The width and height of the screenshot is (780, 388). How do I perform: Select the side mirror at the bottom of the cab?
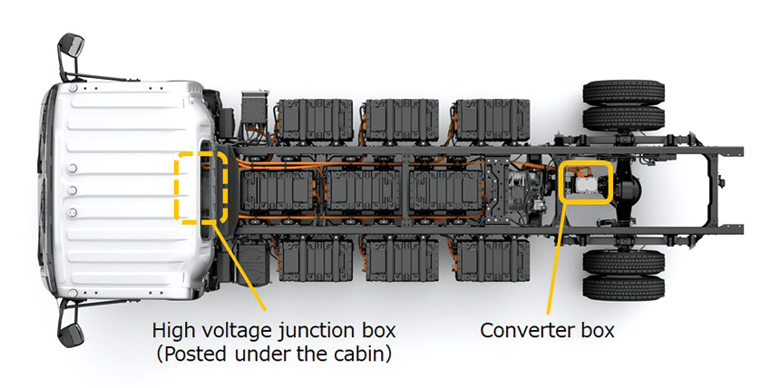point(71,330)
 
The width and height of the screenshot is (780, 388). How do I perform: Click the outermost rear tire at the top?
point(623,92)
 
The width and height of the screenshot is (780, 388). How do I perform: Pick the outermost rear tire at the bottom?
point(623,288)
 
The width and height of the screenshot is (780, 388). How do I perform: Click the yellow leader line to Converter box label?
point(556,258)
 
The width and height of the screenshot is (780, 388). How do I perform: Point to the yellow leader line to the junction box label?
point(239,267)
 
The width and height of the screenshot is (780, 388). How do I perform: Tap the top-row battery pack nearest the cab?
point(316,120)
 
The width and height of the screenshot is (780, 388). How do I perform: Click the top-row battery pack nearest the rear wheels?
point(492,120)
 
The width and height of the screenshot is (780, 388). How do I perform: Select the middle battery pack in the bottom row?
point(402,261)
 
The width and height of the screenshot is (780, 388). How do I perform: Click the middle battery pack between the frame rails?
point(363,190)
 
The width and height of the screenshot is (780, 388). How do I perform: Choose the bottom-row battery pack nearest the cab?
point(316,261)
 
